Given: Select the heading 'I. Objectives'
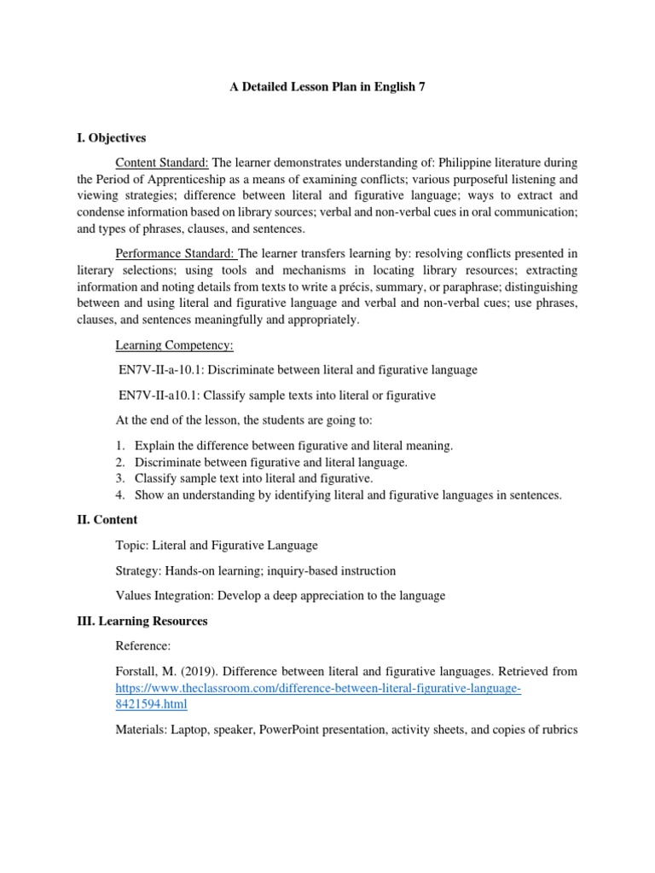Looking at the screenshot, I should (x=112, y=137).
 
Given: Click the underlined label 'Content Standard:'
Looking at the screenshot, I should (x=162, y=162).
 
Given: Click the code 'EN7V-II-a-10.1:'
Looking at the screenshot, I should (x=159, y=370).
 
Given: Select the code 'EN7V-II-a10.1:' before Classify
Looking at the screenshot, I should (x=157, y=395).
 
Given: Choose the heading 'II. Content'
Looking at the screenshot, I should (x=107, y=519).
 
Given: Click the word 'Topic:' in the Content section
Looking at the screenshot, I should (x=131, y=545).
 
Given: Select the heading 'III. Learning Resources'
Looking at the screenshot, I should (x=142, y=622).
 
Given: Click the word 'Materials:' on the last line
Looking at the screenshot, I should (x=142, y=729).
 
